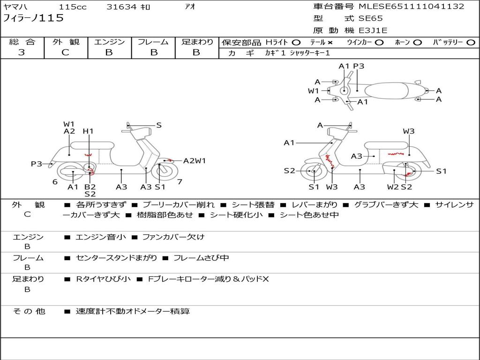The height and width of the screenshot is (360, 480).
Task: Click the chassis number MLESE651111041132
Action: point(411,7)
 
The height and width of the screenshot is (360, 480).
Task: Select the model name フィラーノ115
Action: point(33,18)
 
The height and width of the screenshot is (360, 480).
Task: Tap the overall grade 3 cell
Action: point(22,52)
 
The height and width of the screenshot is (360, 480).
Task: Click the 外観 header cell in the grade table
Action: point(66,42)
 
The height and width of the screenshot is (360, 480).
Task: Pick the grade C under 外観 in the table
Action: point(66,52)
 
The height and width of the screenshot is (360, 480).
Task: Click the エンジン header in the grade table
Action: point(109,42)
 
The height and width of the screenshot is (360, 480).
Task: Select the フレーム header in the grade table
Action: point(153,42)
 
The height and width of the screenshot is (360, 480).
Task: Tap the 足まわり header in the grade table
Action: point(197,42)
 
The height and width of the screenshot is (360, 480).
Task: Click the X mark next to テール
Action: point(330,42)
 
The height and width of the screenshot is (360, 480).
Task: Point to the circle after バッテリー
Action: point(471,42)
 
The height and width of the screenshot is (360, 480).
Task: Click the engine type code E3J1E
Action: point(373,30)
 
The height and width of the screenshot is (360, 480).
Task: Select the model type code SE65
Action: point(370,18)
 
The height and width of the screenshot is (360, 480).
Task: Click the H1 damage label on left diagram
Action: point(88,131)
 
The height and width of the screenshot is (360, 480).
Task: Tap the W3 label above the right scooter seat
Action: point(409,131)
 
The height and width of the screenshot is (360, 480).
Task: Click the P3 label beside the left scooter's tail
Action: point(37,164)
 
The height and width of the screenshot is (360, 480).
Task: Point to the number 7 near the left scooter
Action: point(180,181)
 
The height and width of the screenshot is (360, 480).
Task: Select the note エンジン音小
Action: point(101,237)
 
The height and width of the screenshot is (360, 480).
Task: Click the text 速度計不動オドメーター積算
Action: point(133,311)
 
